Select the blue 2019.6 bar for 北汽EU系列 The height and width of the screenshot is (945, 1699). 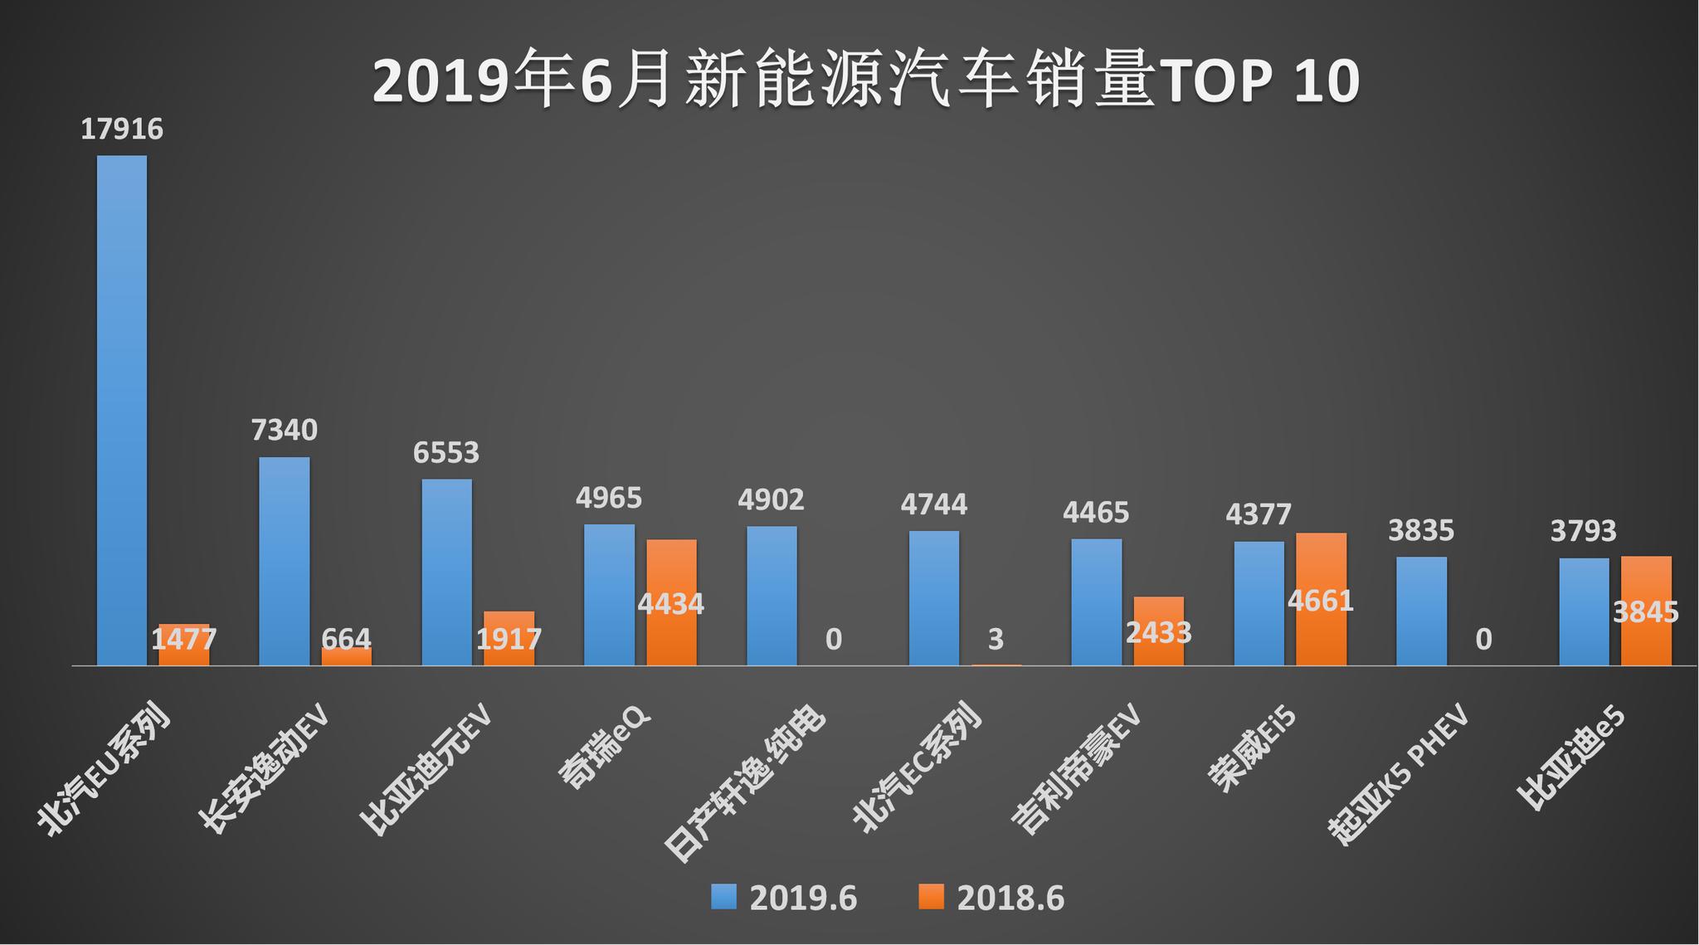122,411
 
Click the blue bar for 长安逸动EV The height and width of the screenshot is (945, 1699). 285,561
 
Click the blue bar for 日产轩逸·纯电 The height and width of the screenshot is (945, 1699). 772,596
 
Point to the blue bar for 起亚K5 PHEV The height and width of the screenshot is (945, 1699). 1421,611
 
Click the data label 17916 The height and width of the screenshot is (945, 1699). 122,130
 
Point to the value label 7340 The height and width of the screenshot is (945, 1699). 285,431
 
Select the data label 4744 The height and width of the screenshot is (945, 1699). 934,504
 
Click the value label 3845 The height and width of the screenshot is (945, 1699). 1646,612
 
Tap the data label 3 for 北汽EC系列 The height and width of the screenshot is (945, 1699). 996,640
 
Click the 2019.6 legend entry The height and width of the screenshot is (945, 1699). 783,899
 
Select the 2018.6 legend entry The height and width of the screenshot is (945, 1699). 992,899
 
